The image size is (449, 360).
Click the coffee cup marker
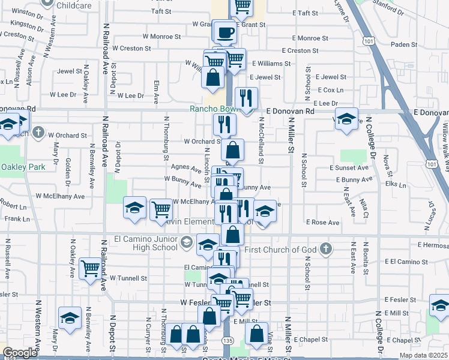point(226,32)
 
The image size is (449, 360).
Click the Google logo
point(20,353)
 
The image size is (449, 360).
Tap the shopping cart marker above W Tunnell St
point(90,268)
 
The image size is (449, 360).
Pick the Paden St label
point(403,44)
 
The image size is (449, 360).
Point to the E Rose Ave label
point(322,222)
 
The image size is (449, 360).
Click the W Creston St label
point(131,48)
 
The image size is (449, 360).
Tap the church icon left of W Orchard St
point(38,132)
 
